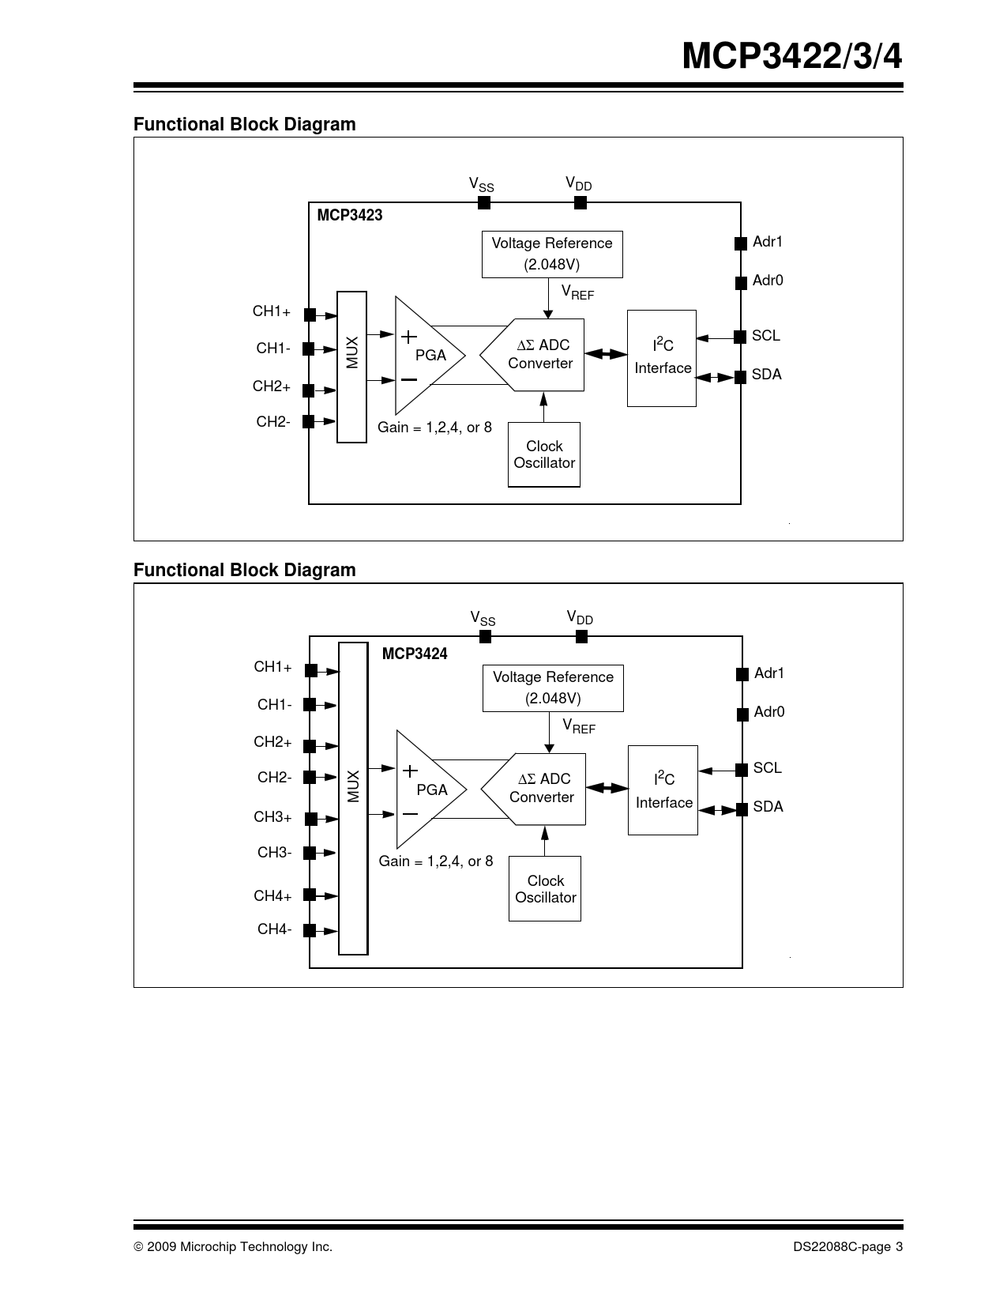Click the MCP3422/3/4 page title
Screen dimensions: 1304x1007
coord(791,57)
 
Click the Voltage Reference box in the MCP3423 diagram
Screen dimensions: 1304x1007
coord(552,254)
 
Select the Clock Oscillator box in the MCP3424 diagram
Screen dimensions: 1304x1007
coord(545,888)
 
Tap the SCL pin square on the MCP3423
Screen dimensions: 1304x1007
coord(740,337)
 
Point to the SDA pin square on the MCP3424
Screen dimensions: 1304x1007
coord(742,809)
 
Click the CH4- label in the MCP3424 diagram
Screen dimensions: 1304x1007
coord(274,929)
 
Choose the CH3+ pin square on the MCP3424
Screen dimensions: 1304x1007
coord(311,819)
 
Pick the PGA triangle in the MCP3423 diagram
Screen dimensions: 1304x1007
coord(426,356)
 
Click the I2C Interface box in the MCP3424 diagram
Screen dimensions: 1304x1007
coord(663,790)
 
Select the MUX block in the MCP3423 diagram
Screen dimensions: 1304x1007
coord(351,367)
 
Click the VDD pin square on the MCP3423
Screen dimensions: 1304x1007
coord(581,203)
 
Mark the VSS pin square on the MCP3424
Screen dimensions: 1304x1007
coord(486,637)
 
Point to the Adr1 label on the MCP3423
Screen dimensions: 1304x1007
coord(768,242)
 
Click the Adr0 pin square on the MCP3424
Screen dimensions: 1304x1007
coord(742,714)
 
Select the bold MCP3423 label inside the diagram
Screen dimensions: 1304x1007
coord(350,216)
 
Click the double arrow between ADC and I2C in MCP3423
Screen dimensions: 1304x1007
coord(606,354)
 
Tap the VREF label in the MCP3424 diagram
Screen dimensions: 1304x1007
coord(579,725)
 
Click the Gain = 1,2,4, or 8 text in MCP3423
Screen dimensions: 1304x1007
coord(434,428)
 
